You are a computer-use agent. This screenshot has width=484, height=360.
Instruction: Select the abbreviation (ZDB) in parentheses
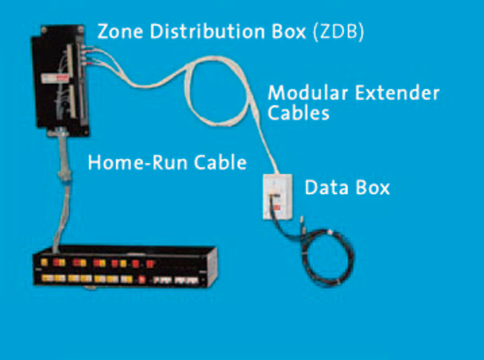click(x=339, y=32)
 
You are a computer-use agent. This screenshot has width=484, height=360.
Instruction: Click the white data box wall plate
click(x=277, y=196)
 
